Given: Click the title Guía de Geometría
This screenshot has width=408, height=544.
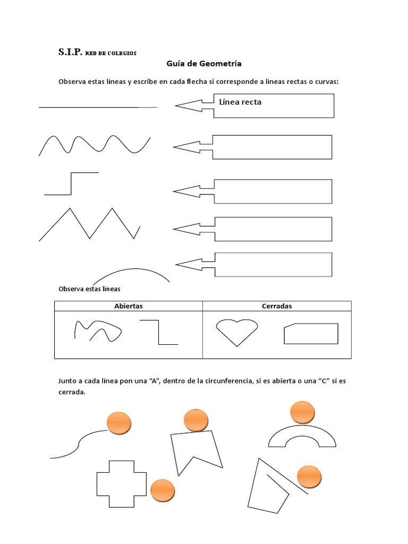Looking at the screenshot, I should tap(204, 64).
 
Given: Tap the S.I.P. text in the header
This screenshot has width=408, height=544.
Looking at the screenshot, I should tap(69, 53).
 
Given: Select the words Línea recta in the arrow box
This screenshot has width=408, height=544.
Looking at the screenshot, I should tap(240, 102).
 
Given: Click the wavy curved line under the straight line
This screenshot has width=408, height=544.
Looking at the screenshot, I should tap(95, 144).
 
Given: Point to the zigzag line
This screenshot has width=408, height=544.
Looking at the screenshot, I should tap(89, 224).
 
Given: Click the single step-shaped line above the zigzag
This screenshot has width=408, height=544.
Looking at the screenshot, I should tap(71, 183).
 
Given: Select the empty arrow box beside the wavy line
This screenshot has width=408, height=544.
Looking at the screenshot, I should tap(272, 147).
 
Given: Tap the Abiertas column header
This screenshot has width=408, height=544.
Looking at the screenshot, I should tap(128, 306).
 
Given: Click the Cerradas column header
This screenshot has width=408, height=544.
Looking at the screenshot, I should tap(277, 306).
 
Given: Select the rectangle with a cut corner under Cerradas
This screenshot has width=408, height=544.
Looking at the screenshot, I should tap(311, 334).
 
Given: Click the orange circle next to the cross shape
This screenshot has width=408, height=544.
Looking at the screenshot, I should tap(163, 491).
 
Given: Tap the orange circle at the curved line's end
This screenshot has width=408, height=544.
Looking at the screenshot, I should tap(119, 423).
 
